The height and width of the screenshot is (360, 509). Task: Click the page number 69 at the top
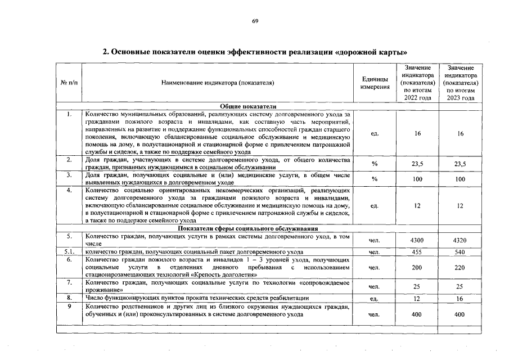tap(254, 21)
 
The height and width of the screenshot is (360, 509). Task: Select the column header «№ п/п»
tap(69, 83)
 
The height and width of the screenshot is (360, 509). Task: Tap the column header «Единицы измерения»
tap(375, 83)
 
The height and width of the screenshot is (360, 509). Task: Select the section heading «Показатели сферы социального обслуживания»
tap(248, 228)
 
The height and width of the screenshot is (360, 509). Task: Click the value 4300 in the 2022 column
tap(417, 241)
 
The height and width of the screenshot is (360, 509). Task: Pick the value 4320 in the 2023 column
tap(460, 241)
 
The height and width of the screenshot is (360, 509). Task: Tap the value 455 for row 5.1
tap(417, 252)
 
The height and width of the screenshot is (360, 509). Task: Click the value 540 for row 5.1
tap(460, 252)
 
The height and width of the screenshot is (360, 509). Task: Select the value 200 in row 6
tap(417, 268)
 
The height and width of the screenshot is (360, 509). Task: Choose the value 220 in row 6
tap(460, 268)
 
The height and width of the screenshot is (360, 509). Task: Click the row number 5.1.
tap(69, 252)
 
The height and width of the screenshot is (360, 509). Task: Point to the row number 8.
tap(69, 298)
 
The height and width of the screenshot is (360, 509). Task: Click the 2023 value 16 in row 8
tap(460, 298)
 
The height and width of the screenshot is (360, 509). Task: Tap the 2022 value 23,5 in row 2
tap(417, 164)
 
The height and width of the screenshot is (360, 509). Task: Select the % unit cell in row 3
tap(375, 179)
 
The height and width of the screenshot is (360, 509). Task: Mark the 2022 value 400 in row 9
tap(417, 314)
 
